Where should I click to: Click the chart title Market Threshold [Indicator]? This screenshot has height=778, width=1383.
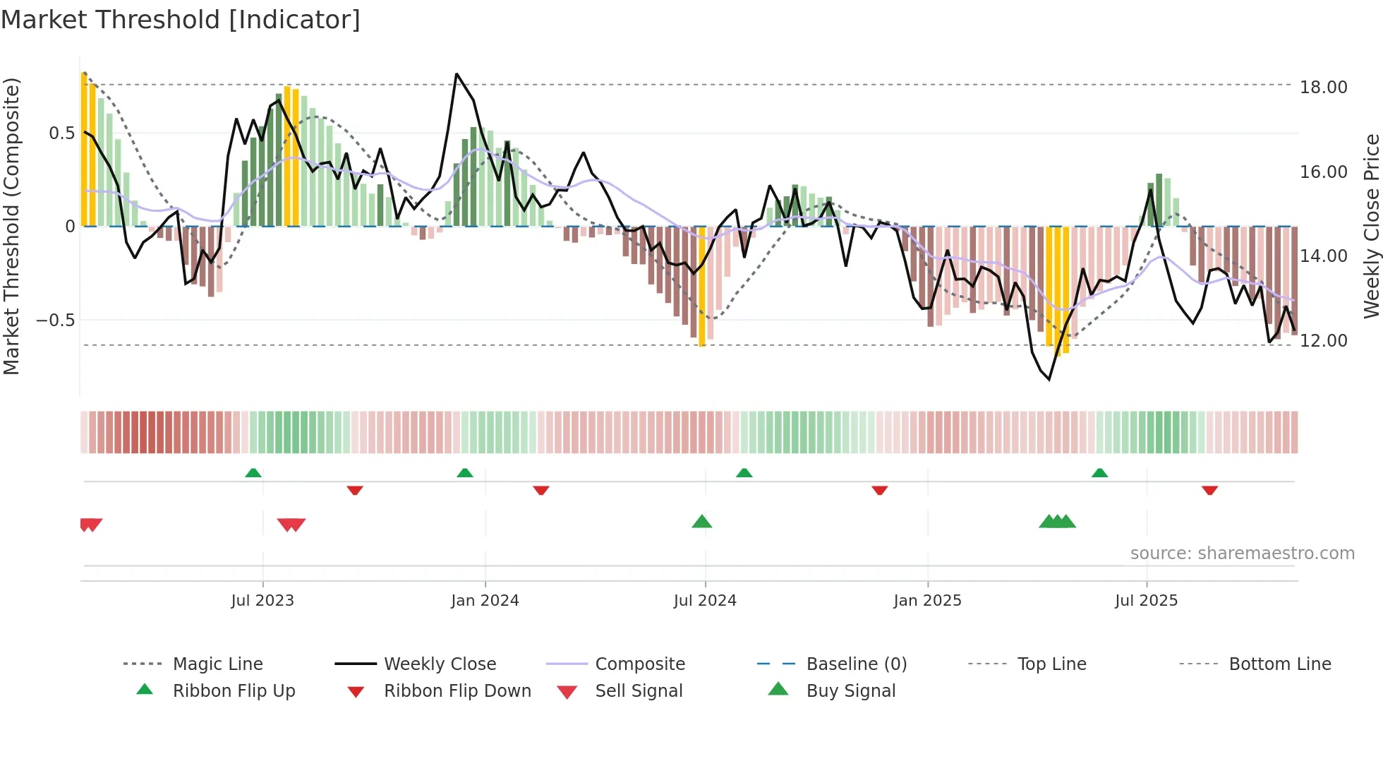point(181,20)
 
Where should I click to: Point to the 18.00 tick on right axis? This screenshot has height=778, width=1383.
point(1323,87)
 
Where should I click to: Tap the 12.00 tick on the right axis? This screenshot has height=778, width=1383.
point(1323,340)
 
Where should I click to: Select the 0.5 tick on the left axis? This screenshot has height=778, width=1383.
point(62,133)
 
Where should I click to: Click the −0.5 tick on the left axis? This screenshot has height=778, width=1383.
point(56,321)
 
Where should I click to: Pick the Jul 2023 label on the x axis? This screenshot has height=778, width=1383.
point(262,601)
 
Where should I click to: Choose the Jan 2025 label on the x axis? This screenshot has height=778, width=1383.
point(927,601)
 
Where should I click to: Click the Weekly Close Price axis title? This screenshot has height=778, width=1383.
point(1371,226)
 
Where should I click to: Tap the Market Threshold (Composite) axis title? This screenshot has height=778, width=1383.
point(11,226)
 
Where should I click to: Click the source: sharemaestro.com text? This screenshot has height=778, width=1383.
point(1242,553)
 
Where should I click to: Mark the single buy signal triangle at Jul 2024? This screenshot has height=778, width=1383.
point(701,522)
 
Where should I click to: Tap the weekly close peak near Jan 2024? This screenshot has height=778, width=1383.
point(457,74)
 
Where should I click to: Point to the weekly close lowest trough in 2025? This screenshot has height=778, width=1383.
point(1049,379)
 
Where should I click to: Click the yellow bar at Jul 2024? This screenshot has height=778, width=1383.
point(701,289)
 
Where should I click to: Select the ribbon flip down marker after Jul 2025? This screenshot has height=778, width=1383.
point(1209,490)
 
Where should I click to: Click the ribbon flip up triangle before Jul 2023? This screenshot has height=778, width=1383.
point(253,473)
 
